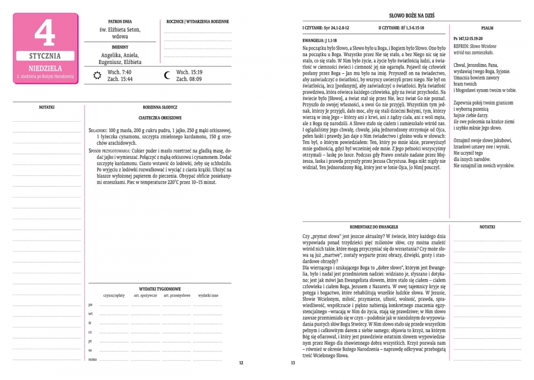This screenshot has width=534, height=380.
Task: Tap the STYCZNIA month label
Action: point(45,56)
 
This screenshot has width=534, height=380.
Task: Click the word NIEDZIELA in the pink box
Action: point(45,68)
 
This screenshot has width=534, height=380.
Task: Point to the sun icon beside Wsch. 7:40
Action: point(97,75)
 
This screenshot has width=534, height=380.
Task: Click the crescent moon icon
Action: point(167,75)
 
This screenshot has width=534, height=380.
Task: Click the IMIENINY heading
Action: point(120,46)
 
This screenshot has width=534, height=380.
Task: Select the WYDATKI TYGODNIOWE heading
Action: point(160,288)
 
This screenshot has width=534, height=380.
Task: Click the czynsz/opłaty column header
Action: point(114,295)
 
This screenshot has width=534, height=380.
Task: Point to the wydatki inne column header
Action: point(208,295)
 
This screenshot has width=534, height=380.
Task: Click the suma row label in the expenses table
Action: point(91,360)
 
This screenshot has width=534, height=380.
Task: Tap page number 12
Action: point(241,363)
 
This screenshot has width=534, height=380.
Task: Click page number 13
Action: point(293,363)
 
